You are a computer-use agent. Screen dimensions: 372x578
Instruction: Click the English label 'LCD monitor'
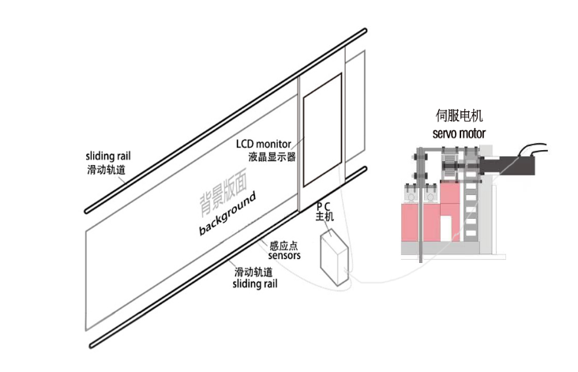(264, 145)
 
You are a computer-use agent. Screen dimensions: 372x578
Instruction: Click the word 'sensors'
(284, 256)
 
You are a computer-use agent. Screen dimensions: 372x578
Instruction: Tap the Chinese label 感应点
(283, 245)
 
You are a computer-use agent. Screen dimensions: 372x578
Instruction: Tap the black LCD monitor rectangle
(322, 129)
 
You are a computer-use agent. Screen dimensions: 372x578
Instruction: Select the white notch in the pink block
(446, 227)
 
